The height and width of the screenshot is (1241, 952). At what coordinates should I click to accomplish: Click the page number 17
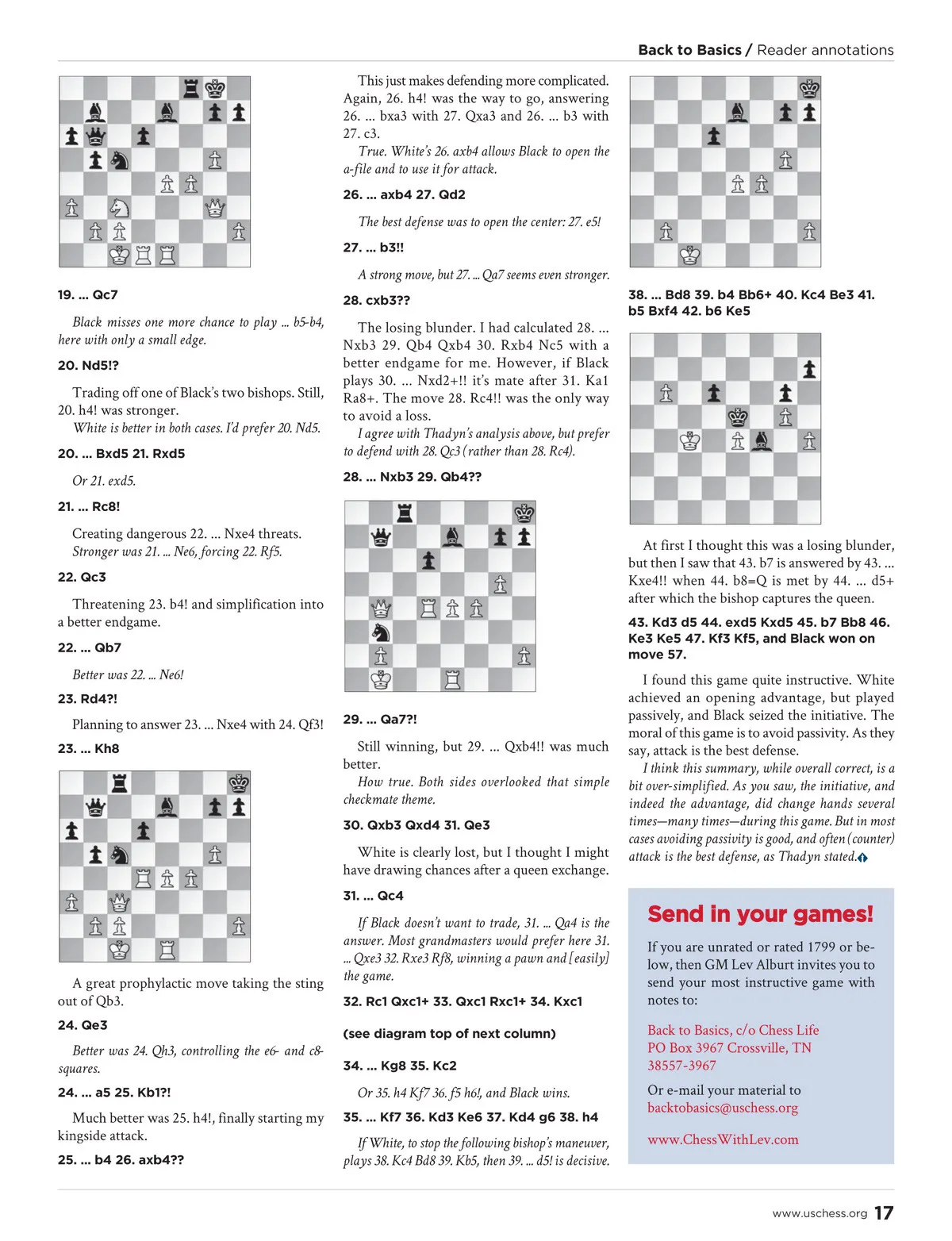(x=884, y=1212)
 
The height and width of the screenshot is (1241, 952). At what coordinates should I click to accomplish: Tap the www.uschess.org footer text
(x=820, y=1213)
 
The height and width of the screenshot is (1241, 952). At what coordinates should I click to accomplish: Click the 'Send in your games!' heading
(x=760, y=914)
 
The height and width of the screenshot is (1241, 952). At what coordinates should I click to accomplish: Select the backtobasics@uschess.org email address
(x=722, y=1108)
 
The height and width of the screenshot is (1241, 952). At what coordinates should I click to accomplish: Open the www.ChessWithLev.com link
(x=723, y=1139)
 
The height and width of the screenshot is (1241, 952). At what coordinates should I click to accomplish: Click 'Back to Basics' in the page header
(x=689, y=50)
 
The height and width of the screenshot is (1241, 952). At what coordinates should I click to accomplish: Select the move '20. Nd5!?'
(x=88, y=365)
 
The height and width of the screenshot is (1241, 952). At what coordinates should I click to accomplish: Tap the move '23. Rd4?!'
(x=87, y=699)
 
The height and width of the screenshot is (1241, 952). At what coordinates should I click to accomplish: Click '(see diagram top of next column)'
(x=449, y=1033)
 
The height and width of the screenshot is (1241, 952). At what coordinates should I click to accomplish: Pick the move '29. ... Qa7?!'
(x=380, y=719)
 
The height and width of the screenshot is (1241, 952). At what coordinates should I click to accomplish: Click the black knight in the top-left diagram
(x=120, y=160)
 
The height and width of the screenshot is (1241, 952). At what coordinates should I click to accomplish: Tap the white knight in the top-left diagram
(x=120, y=208)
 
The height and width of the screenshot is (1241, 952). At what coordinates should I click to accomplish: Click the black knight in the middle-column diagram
(x=381, y=632)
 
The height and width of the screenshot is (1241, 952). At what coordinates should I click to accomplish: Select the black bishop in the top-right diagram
(x=738, y=113)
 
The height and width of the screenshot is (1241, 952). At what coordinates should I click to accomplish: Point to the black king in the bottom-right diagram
(x=738, y=417)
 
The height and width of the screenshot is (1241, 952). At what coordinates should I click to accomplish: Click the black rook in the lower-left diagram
(x=120, y=784)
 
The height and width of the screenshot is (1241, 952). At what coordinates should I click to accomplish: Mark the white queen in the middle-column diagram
(x=381, y=609)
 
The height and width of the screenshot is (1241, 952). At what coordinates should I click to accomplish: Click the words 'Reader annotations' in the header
(x=825, y=50)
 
